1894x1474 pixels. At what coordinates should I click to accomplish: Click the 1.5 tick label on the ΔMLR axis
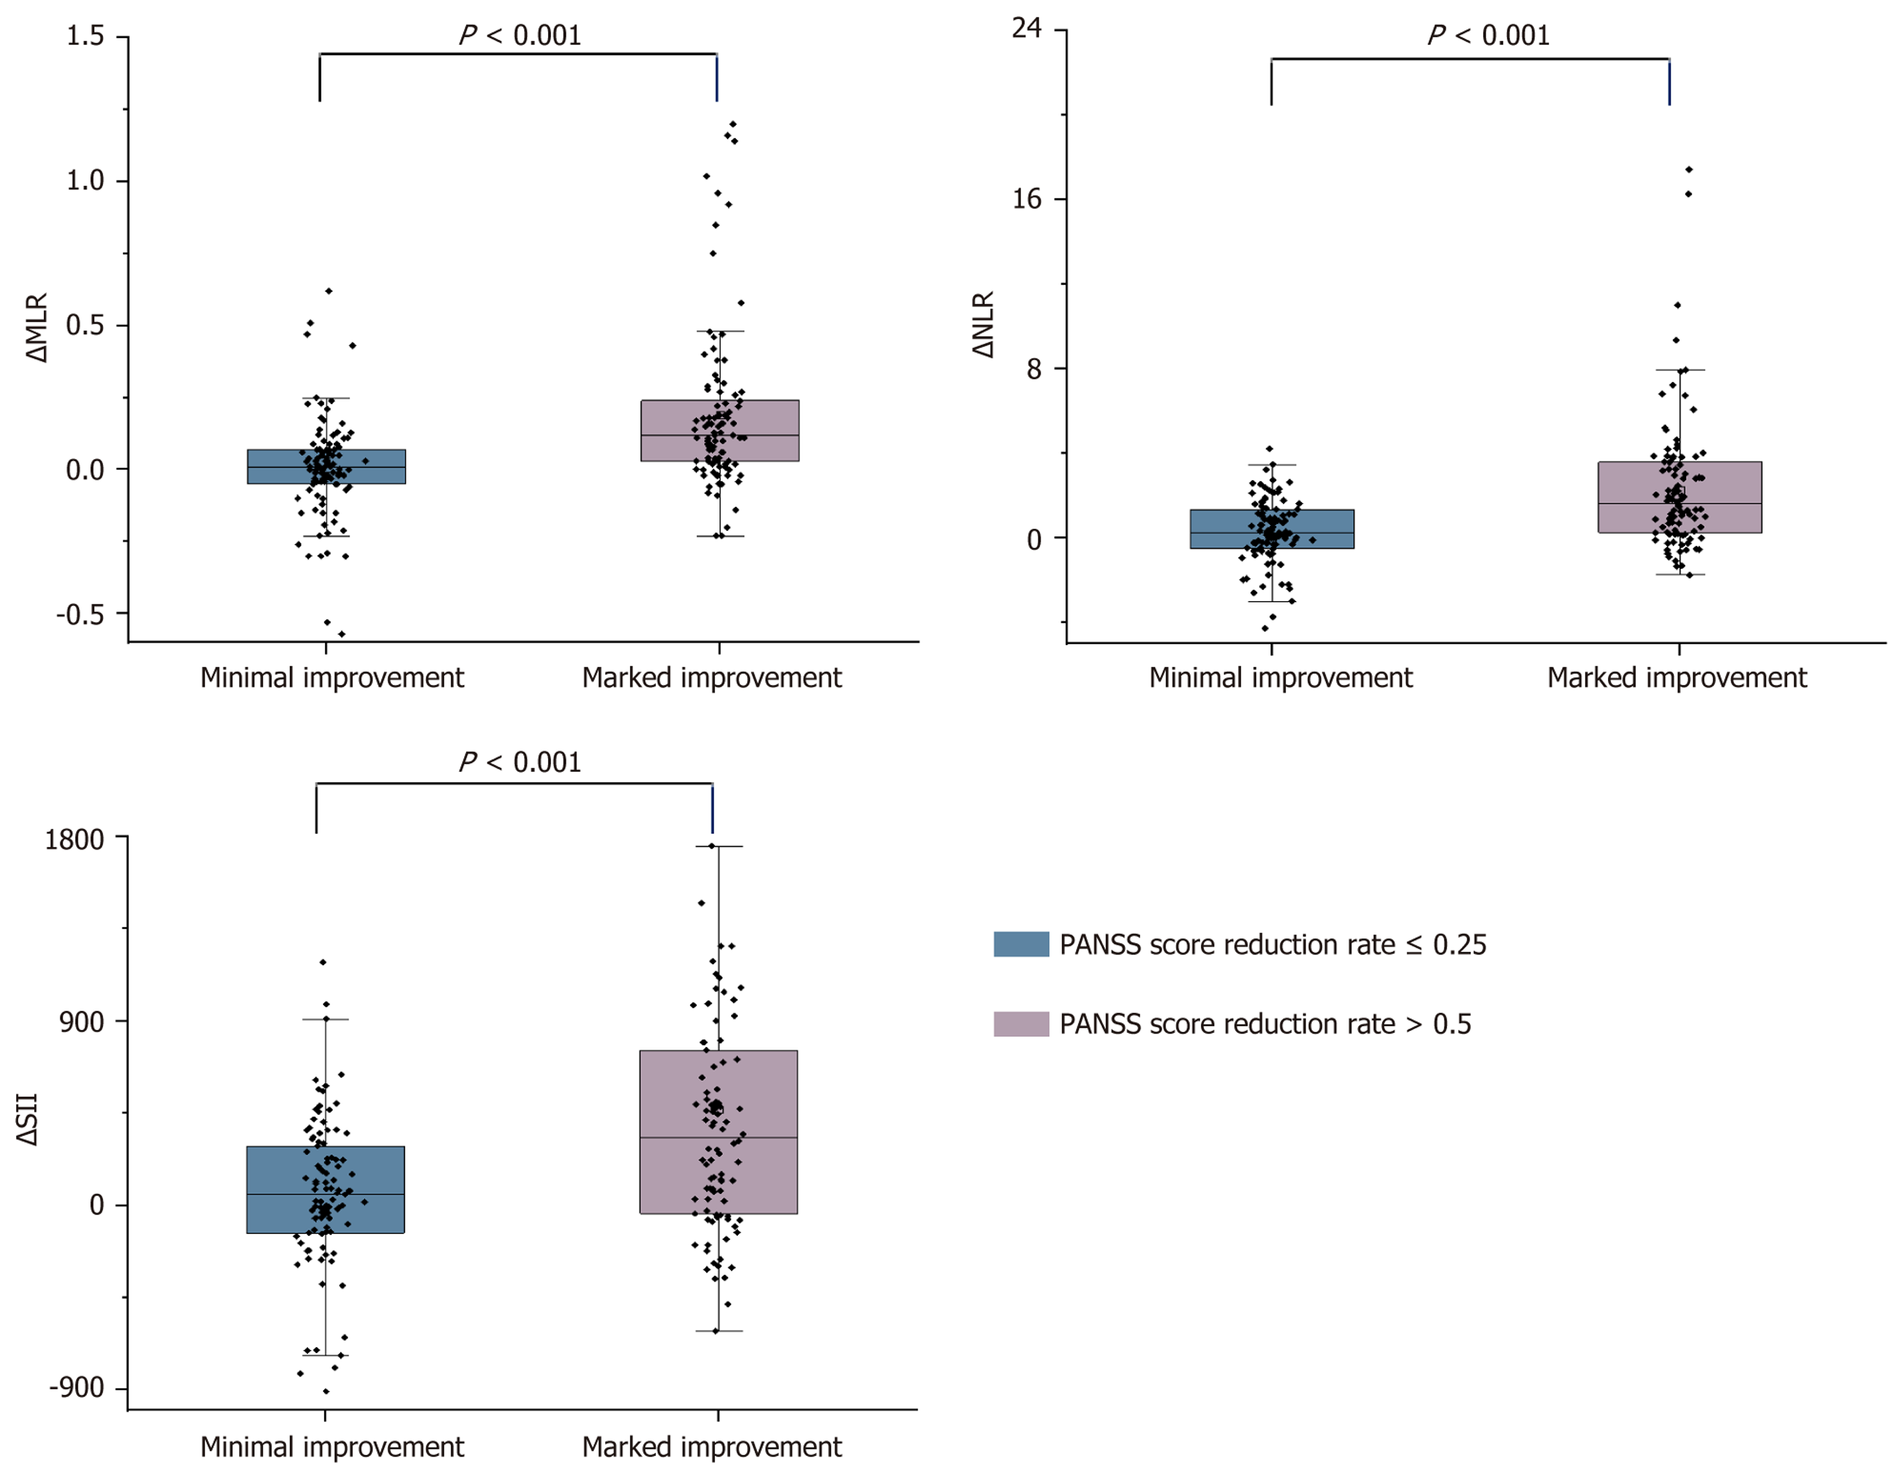[x=85, y=36]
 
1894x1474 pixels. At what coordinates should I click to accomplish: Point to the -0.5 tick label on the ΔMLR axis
[x=81, y=614]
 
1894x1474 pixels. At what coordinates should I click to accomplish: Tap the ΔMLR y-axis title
[x=36, y=328]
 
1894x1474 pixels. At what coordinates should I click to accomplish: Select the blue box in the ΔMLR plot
[x=278, y=467]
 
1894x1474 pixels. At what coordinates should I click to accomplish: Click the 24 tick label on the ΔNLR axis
[x=1026, y=29]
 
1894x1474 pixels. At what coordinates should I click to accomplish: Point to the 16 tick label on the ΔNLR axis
[x=1026, y=198]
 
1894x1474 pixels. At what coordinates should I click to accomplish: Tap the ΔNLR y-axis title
[x=983, y=324]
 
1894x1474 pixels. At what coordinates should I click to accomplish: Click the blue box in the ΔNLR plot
[x=1223, y=529]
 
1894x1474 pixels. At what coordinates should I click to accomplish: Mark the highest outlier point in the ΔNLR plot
[x=1689, y=169]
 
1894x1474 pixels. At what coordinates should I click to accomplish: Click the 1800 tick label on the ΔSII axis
[x=75, y=839]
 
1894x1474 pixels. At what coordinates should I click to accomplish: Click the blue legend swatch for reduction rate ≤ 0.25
[x=1021, y=944]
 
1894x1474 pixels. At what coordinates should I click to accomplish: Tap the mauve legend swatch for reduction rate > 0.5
[x=1021, y=1024]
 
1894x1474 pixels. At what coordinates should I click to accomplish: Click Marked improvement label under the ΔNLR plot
[x=1676, y=677]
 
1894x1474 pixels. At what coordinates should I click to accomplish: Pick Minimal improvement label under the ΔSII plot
[x=332, y=1446]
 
